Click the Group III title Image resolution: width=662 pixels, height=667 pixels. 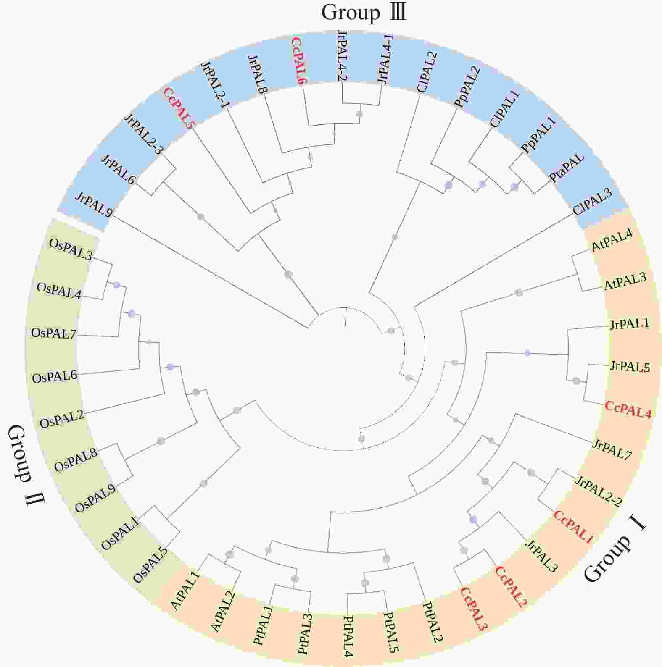[364, 13]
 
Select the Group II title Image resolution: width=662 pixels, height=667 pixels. [26, 466]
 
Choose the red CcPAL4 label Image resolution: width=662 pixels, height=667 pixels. [628, 410]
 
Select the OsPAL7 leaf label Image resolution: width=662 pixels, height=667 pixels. [53, 334]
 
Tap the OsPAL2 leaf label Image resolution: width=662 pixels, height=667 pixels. [62, 418]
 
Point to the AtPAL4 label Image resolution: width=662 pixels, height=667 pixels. [612, 240]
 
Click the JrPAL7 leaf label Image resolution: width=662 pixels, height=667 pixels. [612, 449]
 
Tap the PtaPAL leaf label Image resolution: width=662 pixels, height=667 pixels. [567, 167]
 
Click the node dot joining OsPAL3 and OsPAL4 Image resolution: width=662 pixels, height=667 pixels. [117, 285]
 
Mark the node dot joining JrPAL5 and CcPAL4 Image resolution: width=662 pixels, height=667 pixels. [577, 381]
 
